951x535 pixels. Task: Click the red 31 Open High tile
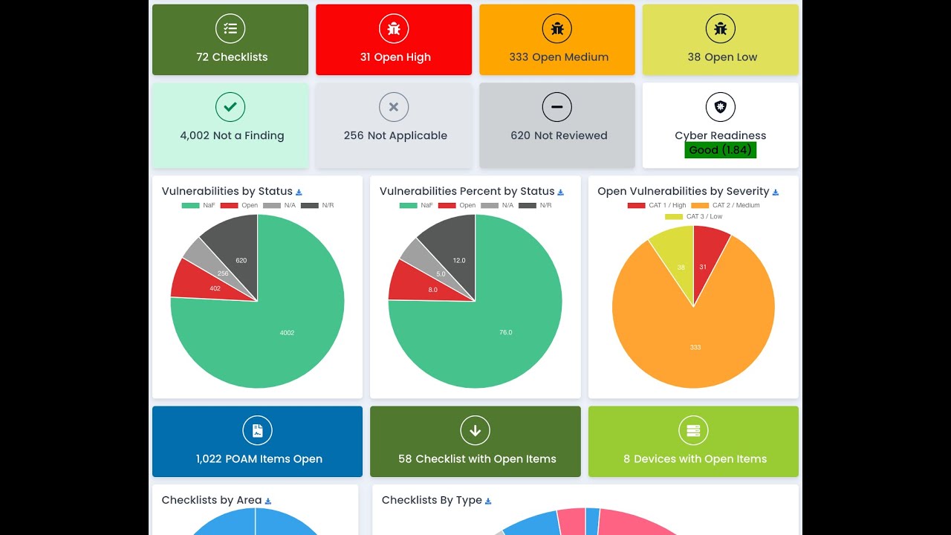click(x=394, y=40)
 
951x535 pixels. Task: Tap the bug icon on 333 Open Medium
click(x=557, y=29)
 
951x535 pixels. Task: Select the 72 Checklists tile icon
click(x=230, y=29)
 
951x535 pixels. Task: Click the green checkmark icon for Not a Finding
click(x=230, y=107)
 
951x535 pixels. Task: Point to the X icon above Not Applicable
click(x=394, y=107)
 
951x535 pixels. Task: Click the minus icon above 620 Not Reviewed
click(x=557, y=107)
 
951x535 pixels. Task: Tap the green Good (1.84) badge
click(x=720, y=149)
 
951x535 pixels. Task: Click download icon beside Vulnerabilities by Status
click(x=299, y=192)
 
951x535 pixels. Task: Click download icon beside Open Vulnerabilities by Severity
click(x=776, y=192)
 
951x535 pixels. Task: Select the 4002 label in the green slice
click(x=287, y=333)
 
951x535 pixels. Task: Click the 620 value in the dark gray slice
click(x=241, y=261)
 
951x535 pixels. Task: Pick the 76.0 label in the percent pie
click(x=505, y=332)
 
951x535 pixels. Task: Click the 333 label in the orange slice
click(x=695, y=347)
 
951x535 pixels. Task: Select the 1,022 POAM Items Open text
click(x=259, y=459)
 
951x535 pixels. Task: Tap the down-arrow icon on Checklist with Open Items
click(x=475, y=430)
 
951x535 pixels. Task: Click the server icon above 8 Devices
click(x=693, y=430)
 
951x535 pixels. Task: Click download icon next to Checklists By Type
click(x=488, y=502)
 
